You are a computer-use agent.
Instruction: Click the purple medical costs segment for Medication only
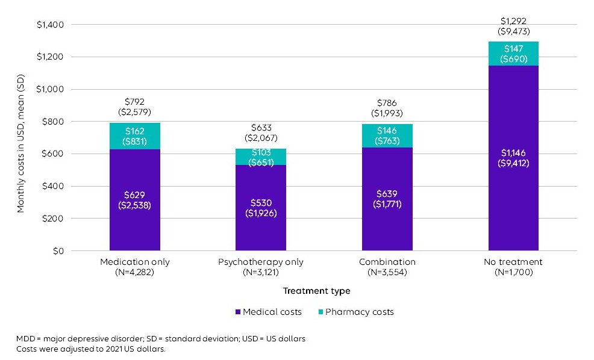(x=134, y=229)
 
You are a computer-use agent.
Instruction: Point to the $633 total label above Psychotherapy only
(x=261, y=127)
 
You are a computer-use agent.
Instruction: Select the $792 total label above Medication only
(x=134, y=102)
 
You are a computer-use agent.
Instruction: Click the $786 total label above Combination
(x=387, y=103)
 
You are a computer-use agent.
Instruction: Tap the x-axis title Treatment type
(x=317, y=291)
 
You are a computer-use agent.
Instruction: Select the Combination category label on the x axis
(x=387, y=262)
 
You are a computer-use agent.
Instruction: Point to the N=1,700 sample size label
(x=513, y=272)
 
